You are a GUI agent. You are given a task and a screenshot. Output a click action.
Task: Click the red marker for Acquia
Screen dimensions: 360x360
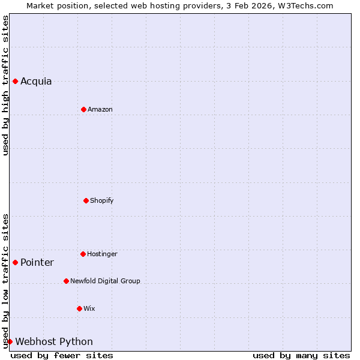coord(15,81)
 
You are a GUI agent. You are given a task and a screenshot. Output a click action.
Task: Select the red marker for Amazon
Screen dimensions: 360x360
coord(83,109)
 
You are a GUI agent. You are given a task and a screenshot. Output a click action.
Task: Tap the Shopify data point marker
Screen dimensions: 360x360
coord(86,200)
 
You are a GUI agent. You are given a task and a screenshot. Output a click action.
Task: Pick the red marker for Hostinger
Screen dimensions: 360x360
coord(83,254)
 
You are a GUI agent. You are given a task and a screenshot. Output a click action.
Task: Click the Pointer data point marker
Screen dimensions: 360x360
coord(15,262)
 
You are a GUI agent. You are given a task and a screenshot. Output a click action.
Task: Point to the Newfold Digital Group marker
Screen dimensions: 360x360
coord(66,281)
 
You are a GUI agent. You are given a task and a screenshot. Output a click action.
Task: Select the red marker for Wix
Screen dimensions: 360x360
coord(79,308)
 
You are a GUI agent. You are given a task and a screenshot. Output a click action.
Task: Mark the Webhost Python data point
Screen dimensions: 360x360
coord(10,341)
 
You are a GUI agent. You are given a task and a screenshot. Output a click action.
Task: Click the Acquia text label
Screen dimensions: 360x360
coord(36,82)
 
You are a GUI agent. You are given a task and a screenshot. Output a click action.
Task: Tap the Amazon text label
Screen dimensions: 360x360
coord(100,109)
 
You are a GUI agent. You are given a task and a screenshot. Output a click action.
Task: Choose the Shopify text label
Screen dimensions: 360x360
coord(102,200)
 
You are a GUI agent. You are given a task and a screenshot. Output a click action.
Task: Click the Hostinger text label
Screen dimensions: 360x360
coord(102,254)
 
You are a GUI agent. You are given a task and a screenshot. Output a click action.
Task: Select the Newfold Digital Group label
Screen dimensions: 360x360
coord(105,281)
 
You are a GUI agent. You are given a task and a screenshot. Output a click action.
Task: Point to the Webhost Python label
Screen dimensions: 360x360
coord(54,342)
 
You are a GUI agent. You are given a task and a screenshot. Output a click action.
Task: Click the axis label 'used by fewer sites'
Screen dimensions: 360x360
coord(62,355)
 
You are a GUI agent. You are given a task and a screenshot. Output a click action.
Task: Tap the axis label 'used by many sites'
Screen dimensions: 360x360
coord(301,355)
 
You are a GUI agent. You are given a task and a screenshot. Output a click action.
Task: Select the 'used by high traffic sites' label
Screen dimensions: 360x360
coord(5,85)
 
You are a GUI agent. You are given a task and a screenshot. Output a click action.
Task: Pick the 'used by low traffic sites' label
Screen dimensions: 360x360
coord(5,281)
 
